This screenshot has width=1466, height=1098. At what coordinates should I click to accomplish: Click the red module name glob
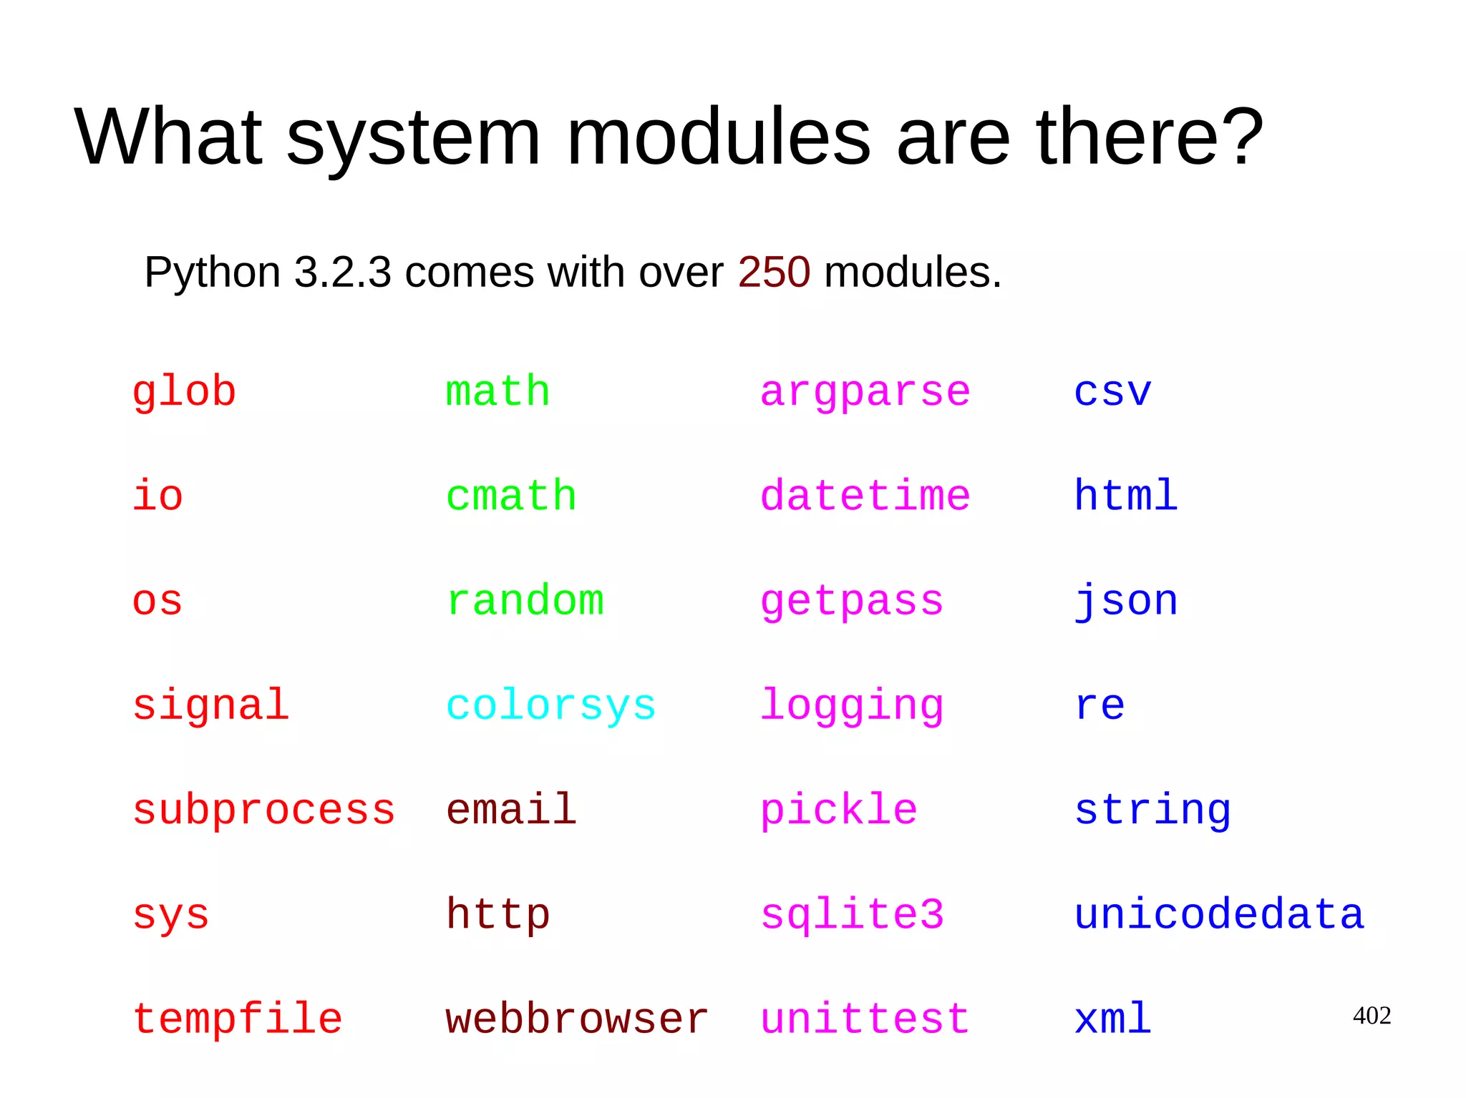[184, 392]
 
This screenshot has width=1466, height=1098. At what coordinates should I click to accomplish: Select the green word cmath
[510, 496]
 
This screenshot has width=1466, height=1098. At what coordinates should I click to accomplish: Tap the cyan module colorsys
[550, 705]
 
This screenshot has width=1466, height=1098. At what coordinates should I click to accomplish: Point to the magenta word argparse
[865, 393]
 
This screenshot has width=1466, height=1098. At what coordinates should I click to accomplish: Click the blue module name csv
[1112, 392]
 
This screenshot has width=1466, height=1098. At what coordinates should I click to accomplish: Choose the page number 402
[1372, 1015]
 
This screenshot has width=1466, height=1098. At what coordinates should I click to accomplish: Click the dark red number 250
[774, 273]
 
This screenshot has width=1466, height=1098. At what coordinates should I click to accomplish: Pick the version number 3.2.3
[342, 273]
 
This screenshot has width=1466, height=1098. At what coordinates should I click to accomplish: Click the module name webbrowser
[576, 1019]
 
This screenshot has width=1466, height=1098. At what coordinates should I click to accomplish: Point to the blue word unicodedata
[1219, 914]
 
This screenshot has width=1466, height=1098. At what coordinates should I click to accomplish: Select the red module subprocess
[263, 810]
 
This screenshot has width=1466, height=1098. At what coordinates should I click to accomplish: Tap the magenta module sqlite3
[852, 914]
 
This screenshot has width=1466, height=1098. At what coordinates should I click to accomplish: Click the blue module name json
[1126, 601]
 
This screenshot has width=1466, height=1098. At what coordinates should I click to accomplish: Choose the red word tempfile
[237, 1019]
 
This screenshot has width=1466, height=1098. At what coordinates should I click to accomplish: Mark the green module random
[525, 601]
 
